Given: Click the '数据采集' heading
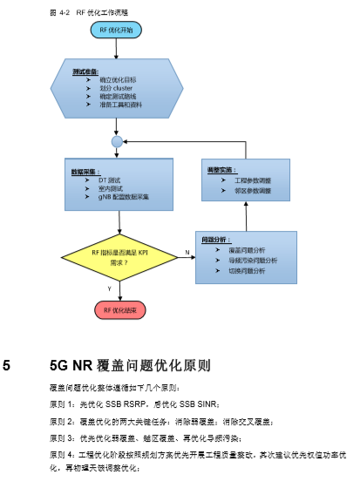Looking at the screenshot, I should click(85, 172).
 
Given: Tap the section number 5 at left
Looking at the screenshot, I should click(8, 365).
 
